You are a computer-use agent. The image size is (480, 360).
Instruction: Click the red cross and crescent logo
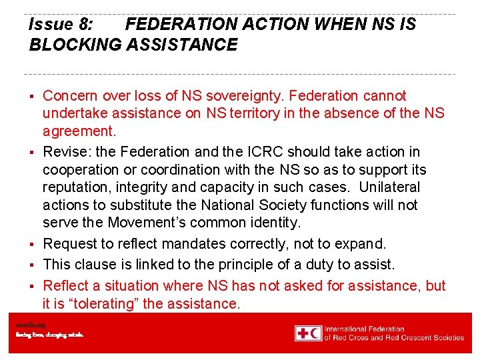(x=309, y=333)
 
